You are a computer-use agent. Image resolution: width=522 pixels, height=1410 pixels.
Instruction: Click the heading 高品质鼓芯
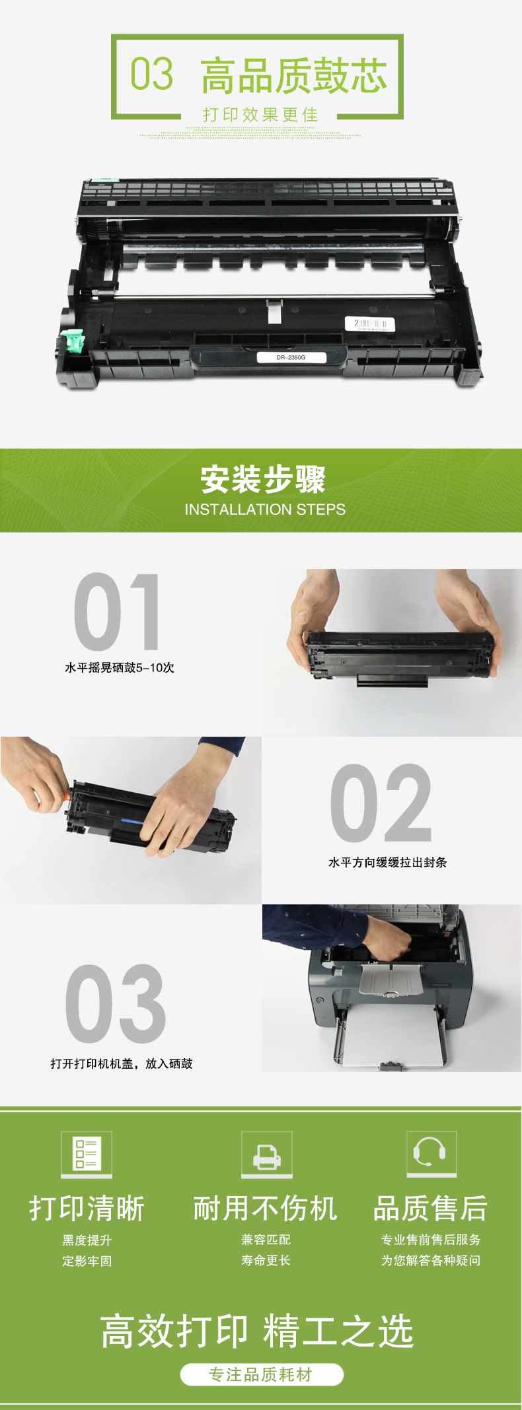pos(293,76)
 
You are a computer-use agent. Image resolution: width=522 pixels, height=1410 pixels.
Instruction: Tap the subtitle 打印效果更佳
pos(260,115)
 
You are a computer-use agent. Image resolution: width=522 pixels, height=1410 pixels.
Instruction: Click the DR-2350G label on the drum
pos(291,357)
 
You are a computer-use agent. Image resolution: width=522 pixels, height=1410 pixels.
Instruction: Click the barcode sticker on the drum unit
pos(370,324)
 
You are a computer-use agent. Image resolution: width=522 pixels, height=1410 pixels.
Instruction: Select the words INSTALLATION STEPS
pos(265,510)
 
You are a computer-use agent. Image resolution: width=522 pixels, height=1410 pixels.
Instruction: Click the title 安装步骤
pos(263,479)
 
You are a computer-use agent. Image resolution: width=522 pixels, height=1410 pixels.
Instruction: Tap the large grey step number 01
pos(117,612)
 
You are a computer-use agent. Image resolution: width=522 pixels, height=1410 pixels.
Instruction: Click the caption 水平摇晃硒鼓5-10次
pos(120,667)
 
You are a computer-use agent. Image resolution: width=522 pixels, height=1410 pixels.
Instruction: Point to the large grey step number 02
pos(381,803)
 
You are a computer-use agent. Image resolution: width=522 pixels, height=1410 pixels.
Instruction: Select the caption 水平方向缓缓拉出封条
pos(388,862)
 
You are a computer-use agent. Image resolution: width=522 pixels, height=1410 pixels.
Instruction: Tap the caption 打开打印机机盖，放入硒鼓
pos(122,1063)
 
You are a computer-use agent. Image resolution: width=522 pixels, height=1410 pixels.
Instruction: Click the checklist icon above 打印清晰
pos(87,1154)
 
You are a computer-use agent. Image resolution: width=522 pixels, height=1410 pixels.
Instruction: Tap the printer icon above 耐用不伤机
pos(266,1154)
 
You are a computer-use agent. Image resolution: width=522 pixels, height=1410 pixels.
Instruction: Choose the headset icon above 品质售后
pos(431,1153)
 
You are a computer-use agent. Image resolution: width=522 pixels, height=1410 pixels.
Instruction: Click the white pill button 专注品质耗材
pos(262,1374)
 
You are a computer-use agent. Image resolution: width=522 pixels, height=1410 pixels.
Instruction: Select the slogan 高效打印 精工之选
pos(257,1331)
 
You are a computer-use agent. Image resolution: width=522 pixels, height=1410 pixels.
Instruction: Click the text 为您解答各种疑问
pos(431,1260)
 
